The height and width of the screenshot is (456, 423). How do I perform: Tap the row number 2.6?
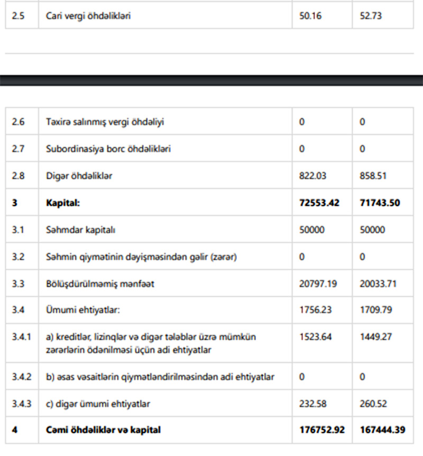pos(18,122)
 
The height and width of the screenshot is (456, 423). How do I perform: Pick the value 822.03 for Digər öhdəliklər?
pos(313,176)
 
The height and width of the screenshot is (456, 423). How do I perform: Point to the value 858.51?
pos(373,176)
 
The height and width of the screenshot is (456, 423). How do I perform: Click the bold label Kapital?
pos(63,203)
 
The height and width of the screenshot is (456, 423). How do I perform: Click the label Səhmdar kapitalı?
pos(81,230)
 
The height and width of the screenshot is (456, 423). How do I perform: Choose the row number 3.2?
pos(18,257)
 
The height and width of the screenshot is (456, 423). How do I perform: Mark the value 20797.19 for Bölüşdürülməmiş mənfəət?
pos(319,284)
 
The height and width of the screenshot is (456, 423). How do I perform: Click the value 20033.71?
pos(379,284)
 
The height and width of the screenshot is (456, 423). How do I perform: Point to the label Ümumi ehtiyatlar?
pos(83,310)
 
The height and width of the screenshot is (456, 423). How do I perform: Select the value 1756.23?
pos(316,310)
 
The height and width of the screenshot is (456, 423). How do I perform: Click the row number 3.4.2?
pos(22,377)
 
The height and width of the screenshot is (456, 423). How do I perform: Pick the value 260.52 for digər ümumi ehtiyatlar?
pos(373,404)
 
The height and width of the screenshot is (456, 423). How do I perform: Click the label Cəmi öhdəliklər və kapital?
pos(103,430)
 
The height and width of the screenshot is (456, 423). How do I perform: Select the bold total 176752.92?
pos(322,430)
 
